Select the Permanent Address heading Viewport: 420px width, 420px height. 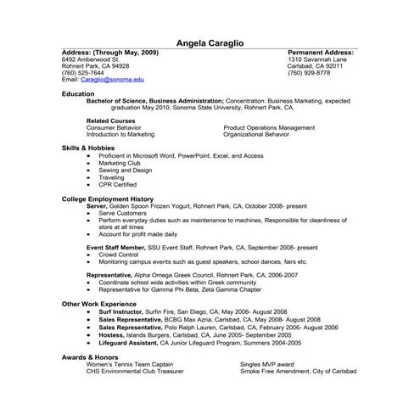pyautogui.click(x=321, y=53)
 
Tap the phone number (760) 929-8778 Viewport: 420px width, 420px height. pyautogui.click(x=309, y=72)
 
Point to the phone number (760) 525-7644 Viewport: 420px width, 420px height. pyautogui.click(x=83, y=72)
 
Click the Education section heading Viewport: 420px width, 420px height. pyautogui.click(x=78, y=94)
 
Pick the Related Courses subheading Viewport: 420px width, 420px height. pyautogui.click(x=111, y=120)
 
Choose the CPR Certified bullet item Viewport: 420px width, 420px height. pyautogui.click(x=117, y=184)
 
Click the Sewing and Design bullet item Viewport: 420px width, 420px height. pyautogui.click(x=125, y=169)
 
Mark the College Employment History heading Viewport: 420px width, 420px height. pyautogui.click(x=108, y=199)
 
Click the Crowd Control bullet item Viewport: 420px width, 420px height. pyautogui.click(x=119, y=254)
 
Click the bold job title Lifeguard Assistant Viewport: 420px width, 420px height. pyautogui.click(x=132, y=343)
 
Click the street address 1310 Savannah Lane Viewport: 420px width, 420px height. pyautogui.click(x=320, y=59)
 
